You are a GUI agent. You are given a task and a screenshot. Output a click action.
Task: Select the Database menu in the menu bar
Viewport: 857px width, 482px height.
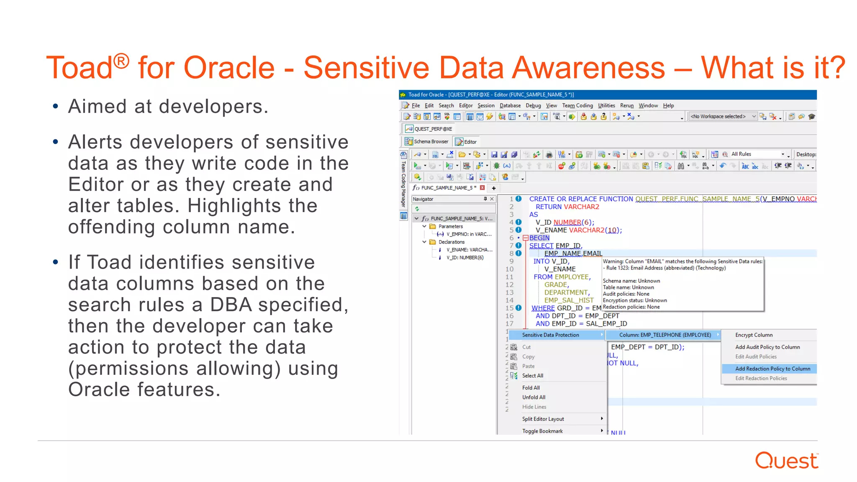[510, 105]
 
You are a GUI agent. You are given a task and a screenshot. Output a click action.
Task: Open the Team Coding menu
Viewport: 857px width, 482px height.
[577, 105]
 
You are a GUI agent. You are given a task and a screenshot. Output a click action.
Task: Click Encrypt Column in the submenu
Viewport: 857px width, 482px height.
[754, 335]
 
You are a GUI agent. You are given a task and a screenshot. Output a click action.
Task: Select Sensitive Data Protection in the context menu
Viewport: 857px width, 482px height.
[550, 335]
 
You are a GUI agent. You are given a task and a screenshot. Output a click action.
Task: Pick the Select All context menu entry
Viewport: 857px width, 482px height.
[532, 376]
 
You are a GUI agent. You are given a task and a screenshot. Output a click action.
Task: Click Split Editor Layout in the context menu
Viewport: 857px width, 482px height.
[543, 419]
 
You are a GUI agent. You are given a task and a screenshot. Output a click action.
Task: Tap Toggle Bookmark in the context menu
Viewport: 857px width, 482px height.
[542, 431]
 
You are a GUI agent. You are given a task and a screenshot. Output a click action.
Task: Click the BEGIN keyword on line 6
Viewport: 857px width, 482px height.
[539, 238]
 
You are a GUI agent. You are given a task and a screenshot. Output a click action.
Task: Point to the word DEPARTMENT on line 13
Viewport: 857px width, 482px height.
[566, 292]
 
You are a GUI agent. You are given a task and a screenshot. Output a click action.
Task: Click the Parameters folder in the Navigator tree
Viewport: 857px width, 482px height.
[450, 226]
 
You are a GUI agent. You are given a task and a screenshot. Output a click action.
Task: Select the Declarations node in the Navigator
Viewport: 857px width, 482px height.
[451, 242]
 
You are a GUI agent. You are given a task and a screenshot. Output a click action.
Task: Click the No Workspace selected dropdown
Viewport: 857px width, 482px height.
[723, 116]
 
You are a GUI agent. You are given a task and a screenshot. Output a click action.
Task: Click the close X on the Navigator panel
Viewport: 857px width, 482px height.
[492, 199]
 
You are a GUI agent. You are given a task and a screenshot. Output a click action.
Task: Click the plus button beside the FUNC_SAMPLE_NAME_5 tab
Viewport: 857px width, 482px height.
[494, 188]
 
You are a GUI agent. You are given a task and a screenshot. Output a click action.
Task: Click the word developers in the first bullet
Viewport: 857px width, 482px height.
[210, 107]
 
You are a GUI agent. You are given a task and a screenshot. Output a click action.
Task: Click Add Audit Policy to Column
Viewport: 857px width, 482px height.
[767, 347]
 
